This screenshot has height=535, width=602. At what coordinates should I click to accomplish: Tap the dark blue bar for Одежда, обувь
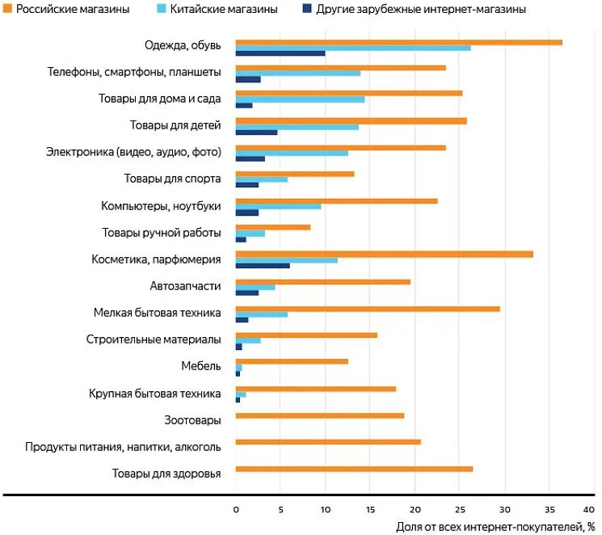tap(280, 53)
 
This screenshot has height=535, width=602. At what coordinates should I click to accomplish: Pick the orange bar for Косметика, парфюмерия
tap(384, 254)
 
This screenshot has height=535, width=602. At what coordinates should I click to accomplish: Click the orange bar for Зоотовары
tap(319, 415)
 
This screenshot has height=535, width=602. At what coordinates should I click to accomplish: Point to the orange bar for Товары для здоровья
tap(354, 469)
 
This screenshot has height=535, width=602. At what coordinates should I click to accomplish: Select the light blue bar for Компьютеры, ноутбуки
tap(278, 206)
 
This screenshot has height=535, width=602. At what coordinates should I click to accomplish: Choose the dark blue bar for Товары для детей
tap(256, 132)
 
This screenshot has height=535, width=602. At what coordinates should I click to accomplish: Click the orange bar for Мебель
tap(292, 361)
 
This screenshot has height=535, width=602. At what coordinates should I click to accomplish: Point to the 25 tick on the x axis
tap(460, 509)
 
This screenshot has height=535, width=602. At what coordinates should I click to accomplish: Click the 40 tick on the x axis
tap(594, 509)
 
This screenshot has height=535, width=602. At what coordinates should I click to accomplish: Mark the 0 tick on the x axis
tap(236, 509)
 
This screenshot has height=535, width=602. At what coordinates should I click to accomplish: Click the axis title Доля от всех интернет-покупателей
tap(490, 527)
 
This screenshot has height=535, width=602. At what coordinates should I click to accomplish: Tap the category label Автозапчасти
tap(185, 285)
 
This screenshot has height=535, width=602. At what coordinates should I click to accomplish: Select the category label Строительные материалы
tap(154, 339)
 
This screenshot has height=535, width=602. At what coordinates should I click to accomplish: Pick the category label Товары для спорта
tap(172, 179)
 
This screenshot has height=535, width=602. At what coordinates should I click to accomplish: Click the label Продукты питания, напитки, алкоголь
tap(123, 446)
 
